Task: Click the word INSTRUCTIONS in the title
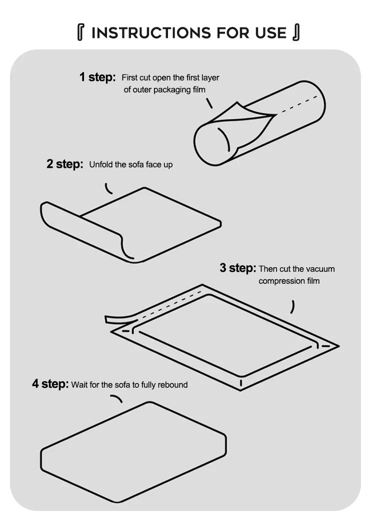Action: tap(150, 32)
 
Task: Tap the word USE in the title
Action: tap(270, 32)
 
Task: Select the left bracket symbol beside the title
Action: tap(80, 32)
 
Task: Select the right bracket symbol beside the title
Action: tap(296, 32)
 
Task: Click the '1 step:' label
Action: tap(97, 77)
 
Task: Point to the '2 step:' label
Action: tap(65, 164)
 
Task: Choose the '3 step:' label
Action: tap(238, 268)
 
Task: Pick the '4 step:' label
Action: tap(50, 384)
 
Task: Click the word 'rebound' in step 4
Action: tap(172, 385)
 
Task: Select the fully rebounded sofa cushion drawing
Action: tap(133, 452)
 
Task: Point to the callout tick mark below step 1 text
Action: tap(209, 103)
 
